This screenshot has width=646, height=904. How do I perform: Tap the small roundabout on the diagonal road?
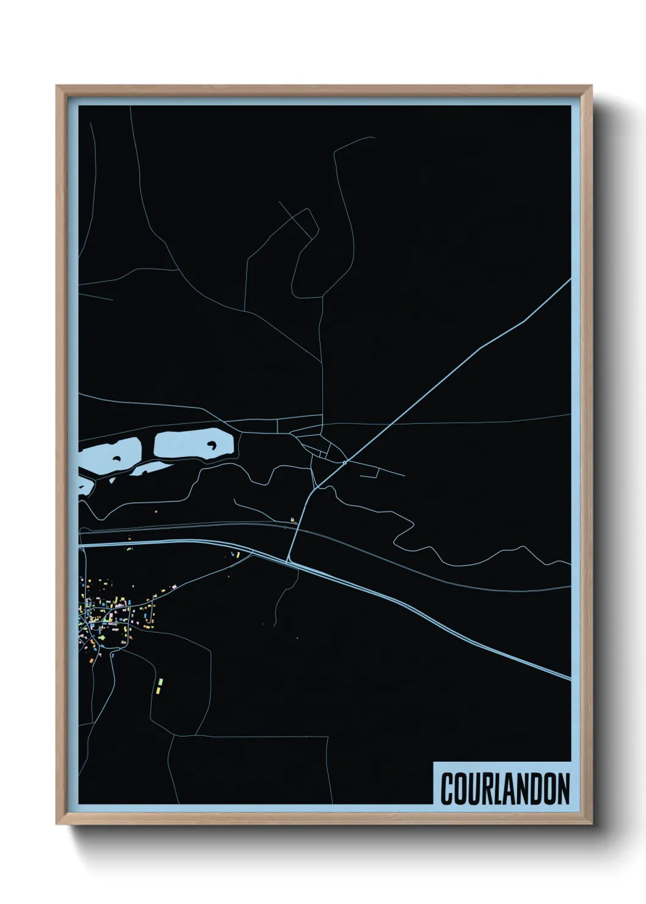[344, 463]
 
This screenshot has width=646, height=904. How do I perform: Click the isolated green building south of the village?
[162, 680]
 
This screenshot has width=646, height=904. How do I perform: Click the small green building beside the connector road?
[292, 520]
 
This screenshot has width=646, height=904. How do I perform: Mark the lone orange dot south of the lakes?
[156, 511]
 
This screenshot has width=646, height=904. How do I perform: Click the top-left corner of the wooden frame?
[57, 86]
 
